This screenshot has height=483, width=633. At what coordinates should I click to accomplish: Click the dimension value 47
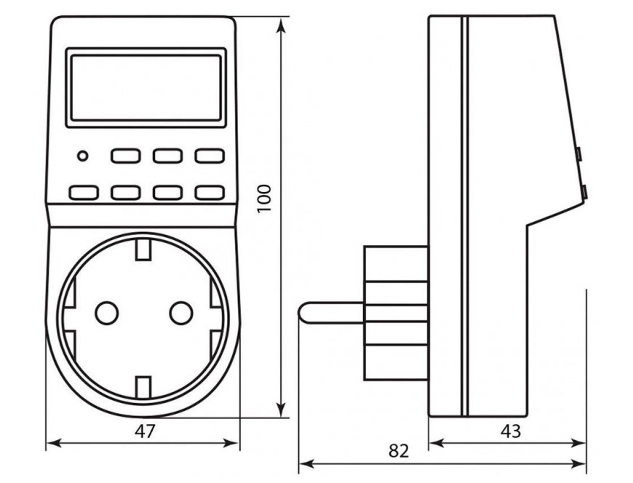[146, 431]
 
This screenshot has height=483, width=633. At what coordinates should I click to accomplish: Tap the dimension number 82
[398, 450]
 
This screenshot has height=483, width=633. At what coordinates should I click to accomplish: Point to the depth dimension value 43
[511, 431]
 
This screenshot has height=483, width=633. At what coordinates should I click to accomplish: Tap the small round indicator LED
[82, 155]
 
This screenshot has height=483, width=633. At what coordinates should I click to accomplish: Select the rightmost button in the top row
[209, 155]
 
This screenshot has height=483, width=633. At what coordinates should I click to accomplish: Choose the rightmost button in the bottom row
[209, 192]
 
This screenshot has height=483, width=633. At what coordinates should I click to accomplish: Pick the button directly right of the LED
[125, 155]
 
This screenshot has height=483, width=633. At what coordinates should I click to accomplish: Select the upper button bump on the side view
[578, 154]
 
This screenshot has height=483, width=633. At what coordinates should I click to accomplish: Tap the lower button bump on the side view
[584, 192]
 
